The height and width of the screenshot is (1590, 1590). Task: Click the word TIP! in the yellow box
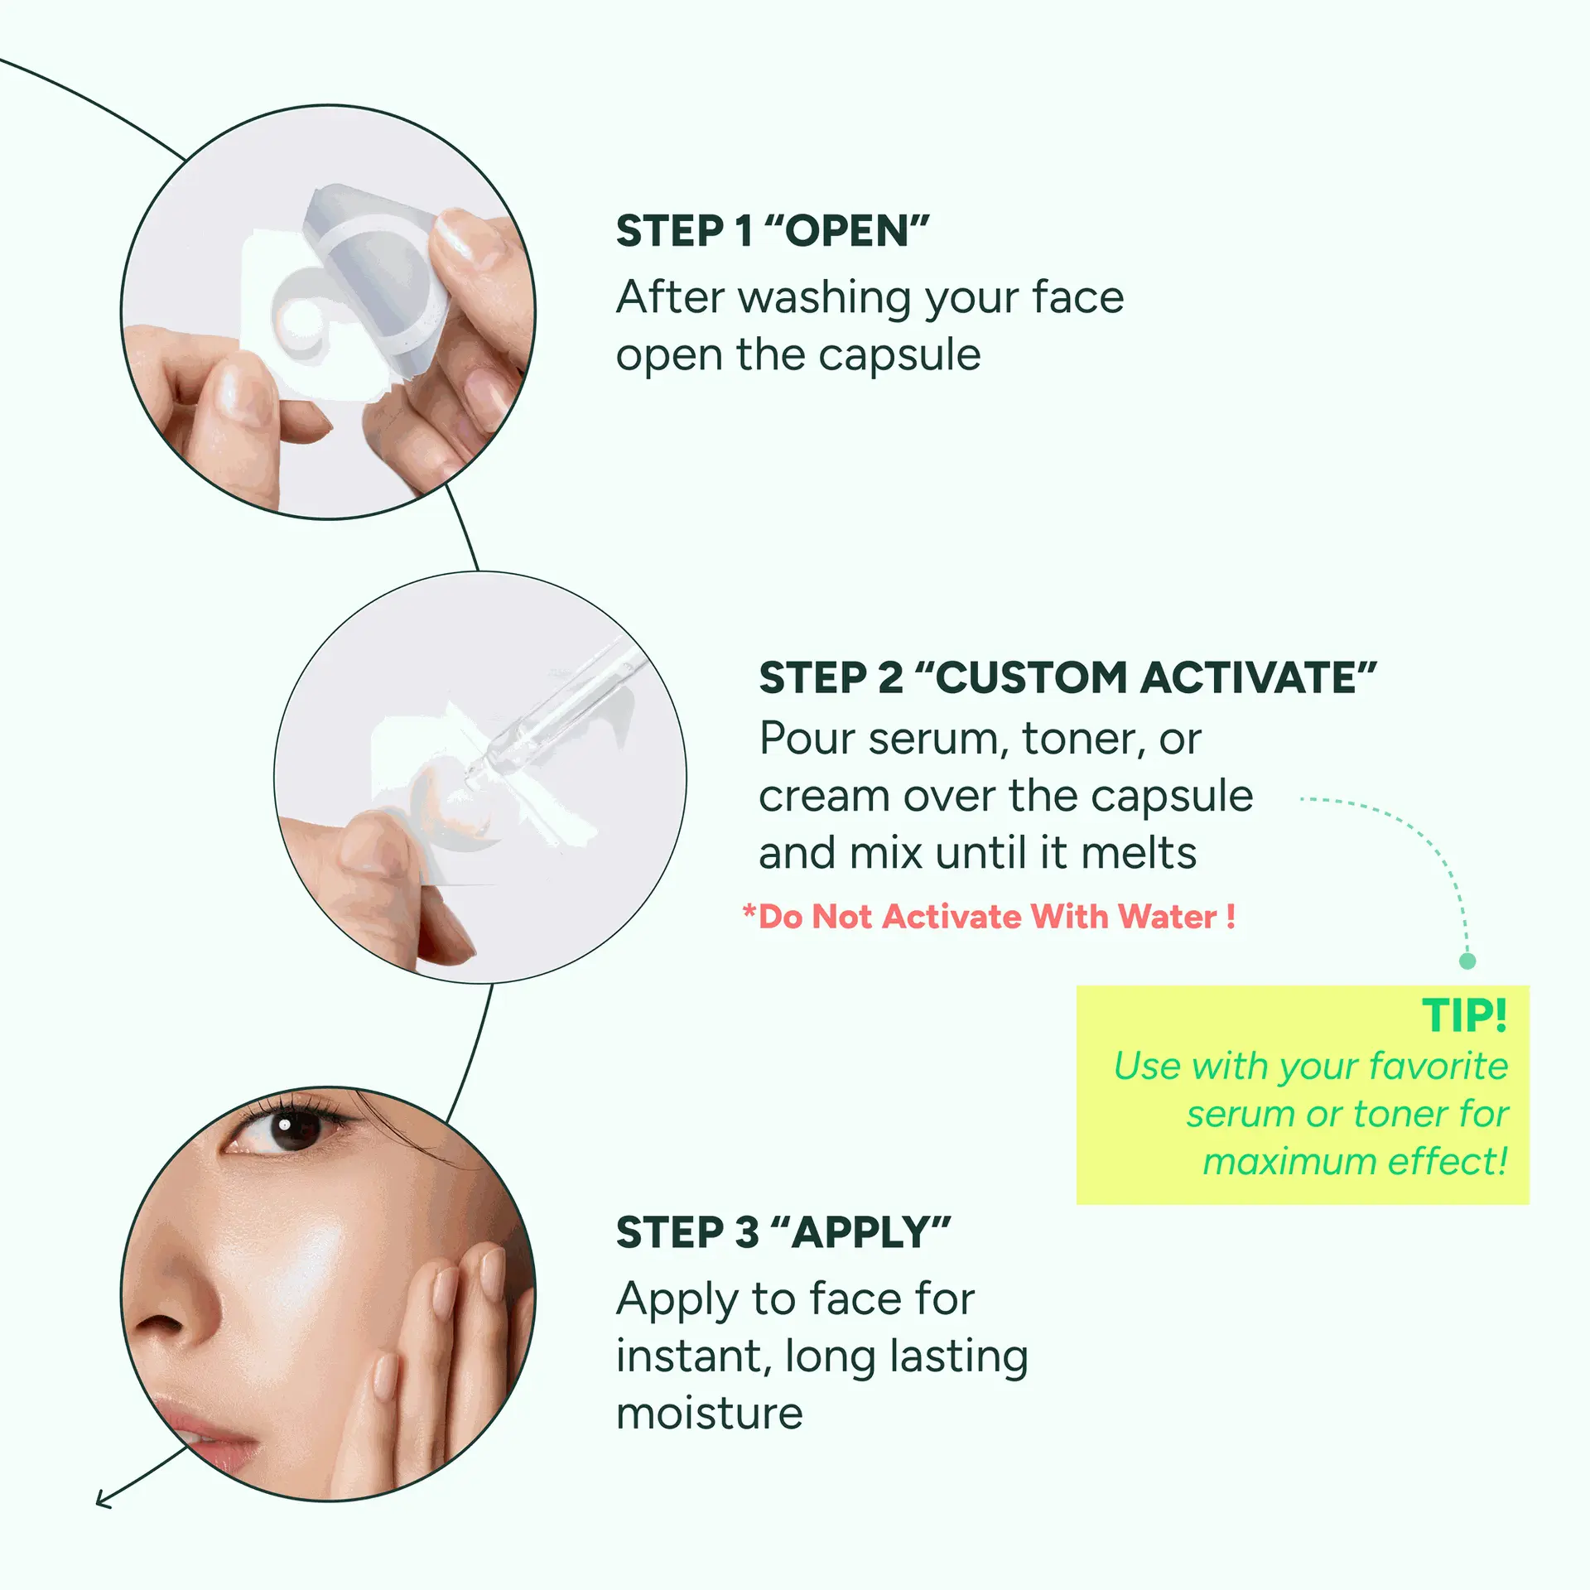(x=1464, y=1015)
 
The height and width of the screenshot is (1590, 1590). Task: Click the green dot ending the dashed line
(x=1467, y=961)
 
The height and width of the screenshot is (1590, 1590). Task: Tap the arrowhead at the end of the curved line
(x=104, y=1498)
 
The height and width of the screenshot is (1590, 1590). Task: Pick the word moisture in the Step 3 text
(x=710, y=1414)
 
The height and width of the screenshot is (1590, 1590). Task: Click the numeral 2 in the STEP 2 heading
(x=889, y=678)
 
